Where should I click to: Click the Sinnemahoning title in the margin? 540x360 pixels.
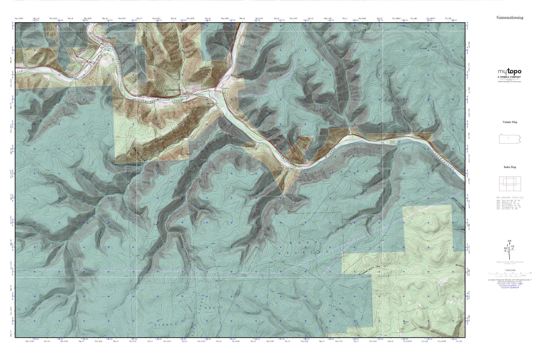510,17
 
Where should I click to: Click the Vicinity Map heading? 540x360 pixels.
510,122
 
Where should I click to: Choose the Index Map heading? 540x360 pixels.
510,167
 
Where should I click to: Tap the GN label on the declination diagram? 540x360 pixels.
509,241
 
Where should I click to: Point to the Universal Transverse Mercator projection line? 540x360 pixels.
510,280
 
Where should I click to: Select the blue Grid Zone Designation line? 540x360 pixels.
510,286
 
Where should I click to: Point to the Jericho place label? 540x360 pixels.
226,87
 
